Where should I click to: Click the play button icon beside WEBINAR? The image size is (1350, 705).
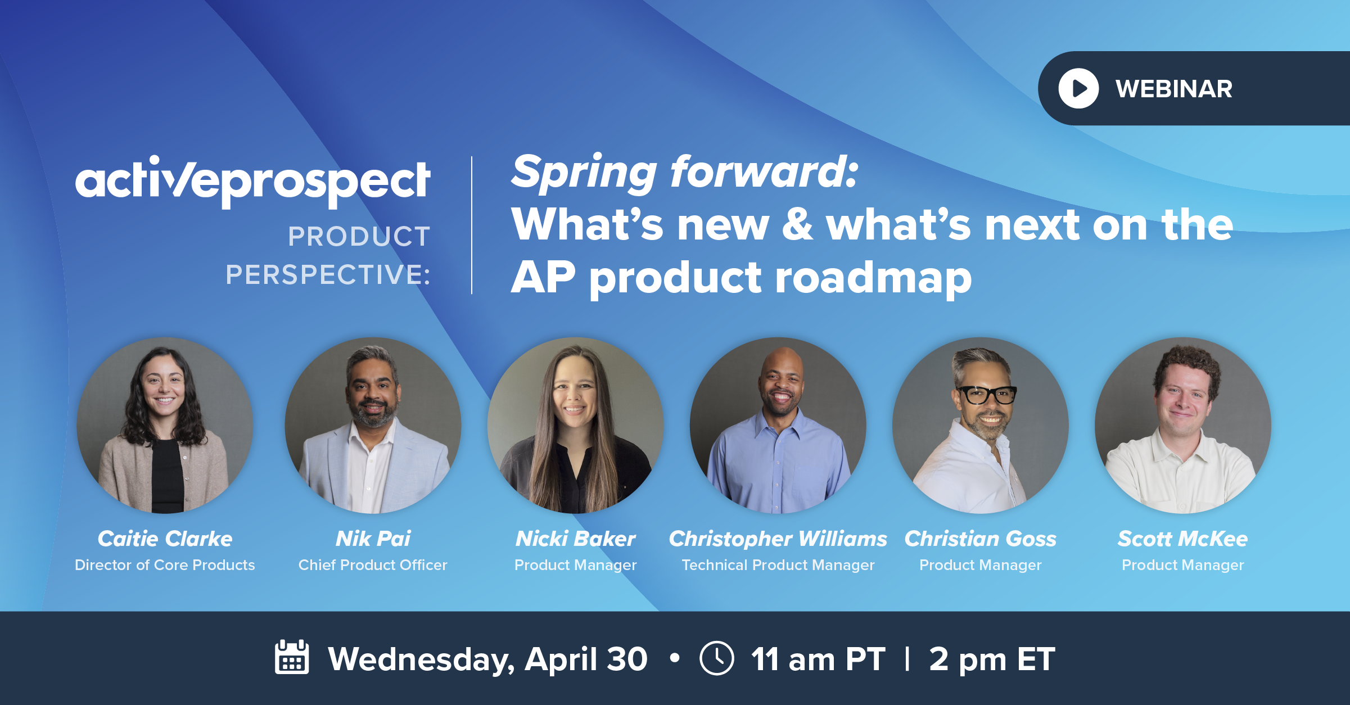click(x=1078, y=88)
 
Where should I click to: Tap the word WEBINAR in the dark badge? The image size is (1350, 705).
click(x=1174, y=89)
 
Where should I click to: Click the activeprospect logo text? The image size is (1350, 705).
click(x=253, y=181)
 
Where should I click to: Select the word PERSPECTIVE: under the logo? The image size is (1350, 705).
click(x=328, y=275)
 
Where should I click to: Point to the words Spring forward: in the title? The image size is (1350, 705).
click(x=684, y=172)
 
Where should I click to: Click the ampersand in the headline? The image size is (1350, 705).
click(x=797, y=224)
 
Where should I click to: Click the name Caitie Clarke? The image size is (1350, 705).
click(x=165, y=539)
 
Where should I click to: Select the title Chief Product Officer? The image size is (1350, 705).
click(x=373, y=565)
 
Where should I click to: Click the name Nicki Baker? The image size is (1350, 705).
click(x=575, y=539)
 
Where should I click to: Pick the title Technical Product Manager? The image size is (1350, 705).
click(x=778, y=565)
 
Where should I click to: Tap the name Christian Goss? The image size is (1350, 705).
click(x=980, y=539)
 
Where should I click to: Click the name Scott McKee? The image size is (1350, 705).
click(x=1182, y=539)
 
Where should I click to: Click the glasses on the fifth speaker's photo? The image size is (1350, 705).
click(x=987, y=395)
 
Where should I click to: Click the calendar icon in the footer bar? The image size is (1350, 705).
click(x=292, y=657)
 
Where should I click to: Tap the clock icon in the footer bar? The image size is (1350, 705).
click(x=716, y=658)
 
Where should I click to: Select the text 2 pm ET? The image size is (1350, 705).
click(x=992, y=659)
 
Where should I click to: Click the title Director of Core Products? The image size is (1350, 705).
click(x=165, y=565)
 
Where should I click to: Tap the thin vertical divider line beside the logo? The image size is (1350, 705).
click(x=472, y=225)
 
